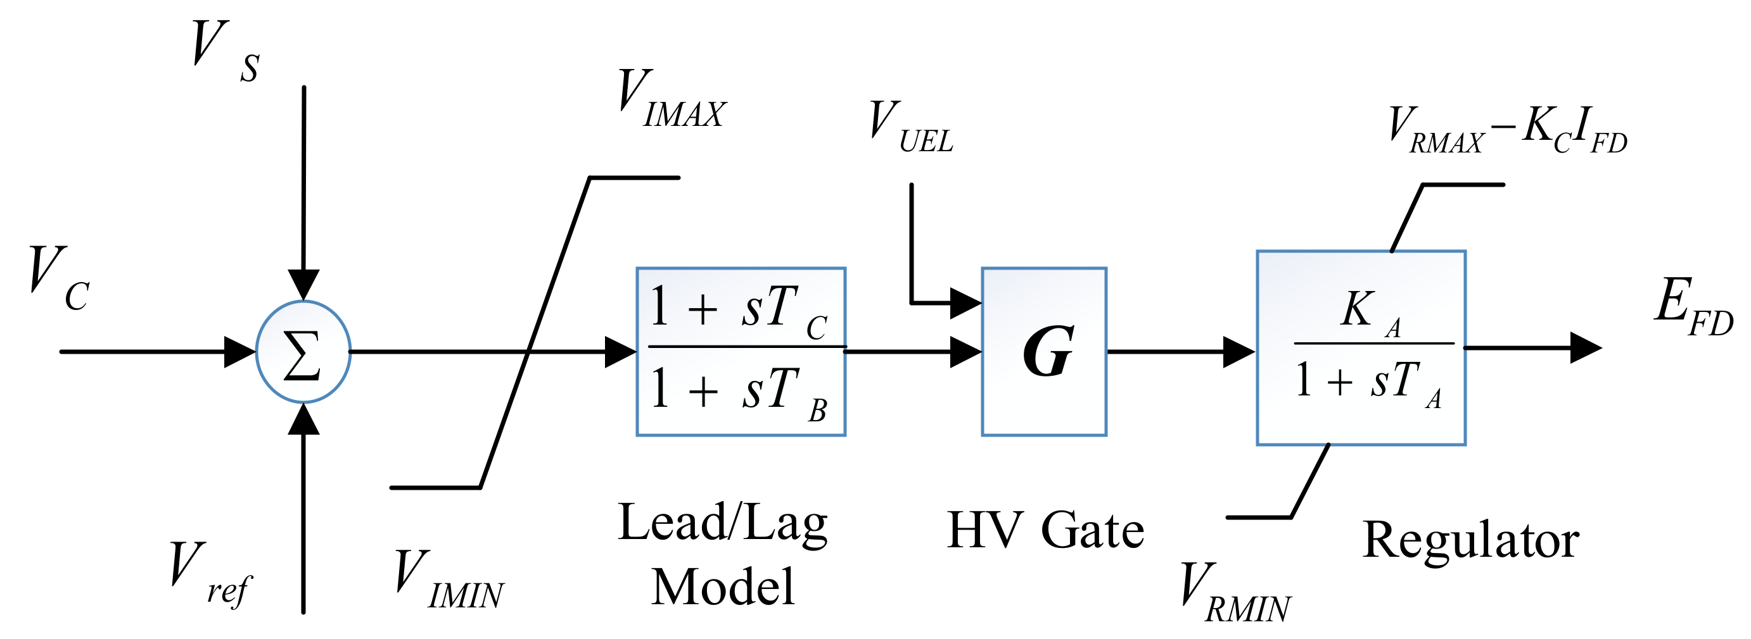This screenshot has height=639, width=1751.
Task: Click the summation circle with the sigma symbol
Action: tap(303, 352)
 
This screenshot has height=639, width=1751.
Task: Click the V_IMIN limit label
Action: tap(449, 581)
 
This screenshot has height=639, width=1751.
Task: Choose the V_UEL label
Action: tap(911, 128)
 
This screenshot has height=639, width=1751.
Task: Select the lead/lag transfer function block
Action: tap(741, 352)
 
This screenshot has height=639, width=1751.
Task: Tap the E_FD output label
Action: tap(1693, 309)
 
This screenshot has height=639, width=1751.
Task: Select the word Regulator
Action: tap(1471, 540)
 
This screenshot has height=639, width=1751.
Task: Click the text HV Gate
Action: tap(1045, 531)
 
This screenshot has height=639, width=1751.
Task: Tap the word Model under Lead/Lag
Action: tap(723, 587)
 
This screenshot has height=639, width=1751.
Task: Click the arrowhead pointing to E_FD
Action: tap(1585, 349)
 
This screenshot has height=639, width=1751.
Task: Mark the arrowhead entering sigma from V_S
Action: tap(304, 284)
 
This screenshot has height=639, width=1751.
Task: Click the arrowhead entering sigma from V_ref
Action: tap(304, 419)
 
